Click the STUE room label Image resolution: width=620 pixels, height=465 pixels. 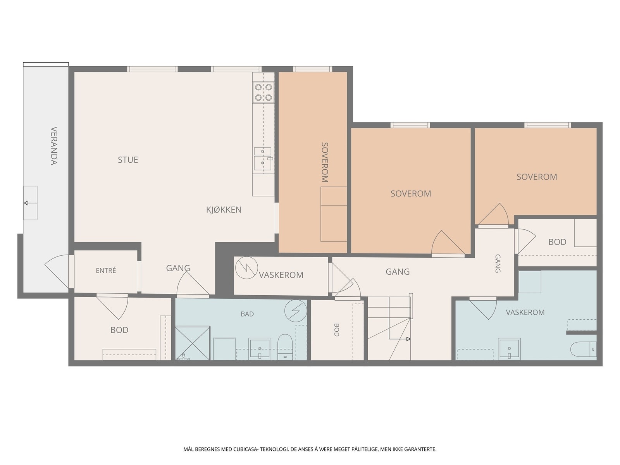click(127, 160)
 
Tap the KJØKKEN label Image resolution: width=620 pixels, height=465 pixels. click(224, 210)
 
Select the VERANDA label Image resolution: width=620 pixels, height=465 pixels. click(54, 146)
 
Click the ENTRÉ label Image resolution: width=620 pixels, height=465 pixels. click(106, 270)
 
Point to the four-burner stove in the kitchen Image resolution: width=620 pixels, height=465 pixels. click(263, 92)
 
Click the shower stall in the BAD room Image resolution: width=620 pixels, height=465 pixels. click(192, 343)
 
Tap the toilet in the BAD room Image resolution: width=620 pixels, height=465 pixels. click(285, 347)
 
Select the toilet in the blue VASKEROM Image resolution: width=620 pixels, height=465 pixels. click(583, 349)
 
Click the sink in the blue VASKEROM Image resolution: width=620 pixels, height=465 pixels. click(509, 349)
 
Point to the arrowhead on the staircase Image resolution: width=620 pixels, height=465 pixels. click(408, 339)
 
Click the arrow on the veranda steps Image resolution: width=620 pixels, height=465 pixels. click(30, 203)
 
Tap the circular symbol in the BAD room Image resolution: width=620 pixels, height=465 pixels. click(295, 310)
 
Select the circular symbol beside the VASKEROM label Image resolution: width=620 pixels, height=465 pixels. click(246, 268)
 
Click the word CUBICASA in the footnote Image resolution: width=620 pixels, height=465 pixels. click(245, 449)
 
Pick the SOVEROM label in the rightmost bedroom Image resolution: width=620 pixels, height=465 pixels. click(537, 177)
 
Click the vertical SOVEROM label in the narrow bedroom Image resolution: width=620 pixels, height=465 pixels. click(325, 162)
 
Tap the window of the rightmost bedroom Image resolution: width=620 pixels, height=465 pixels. click(548, 125)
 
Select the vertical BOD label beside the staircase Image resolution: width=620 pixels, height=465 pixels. click(336, 330)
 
